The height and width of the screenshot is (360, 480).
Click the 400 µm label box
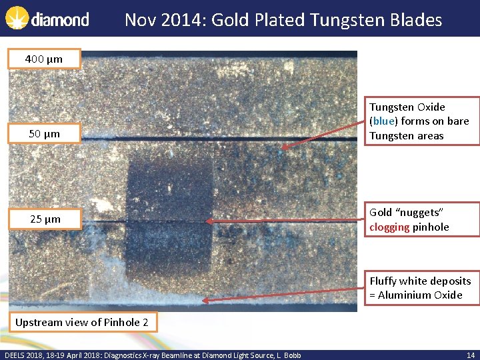pos(44,59)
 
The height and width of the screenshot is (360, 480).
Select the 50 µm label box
pos(44,133)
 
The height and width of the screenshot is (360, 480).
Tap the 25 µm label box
pos(44,219)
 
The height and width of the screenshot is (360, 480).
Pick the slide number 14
pos(470,355)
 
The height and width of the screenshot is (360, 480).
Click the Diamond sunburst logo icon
pos(17,19)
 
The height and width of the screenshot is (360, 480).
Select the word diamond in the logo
pos(60,20)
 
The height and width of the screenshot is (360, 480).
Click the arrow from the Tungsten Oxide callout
pos(323,139)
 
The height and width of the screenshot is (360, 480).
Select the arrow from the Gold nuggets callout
pos(287,221)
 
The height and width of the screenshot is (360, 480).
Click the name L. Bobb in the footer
pos(288,355)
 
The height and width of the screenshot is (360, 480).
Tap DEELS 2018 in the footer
pos(23,355)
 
